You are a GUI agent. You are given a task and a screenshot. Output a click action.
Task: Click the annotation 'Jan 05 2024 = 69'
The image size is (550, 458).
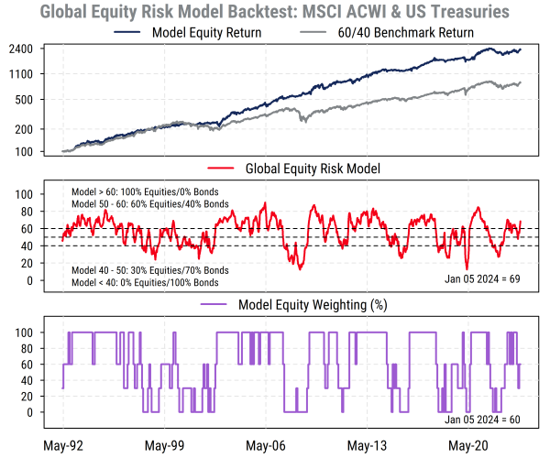coord(483,276)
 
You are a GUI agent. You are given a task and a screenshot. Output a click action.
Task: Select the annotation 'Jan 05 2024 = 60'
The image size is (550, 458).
coord(483,419)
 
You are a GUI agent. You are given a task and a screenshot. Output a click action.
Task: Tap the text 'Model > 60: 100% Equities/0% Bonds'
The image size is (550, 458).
coord(150,191)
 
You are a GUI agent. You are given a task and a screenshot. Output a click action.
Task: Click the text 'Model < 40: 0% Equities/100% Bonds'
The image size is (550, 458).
coord(150,284)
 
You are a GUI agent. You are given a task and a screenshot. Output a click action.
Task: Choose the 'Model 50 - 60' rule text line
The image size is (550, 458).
coord(150,202)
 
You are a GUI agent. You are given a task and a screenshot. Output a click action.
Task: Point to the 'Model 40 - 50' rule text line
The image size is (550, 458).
coord(150,272)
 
